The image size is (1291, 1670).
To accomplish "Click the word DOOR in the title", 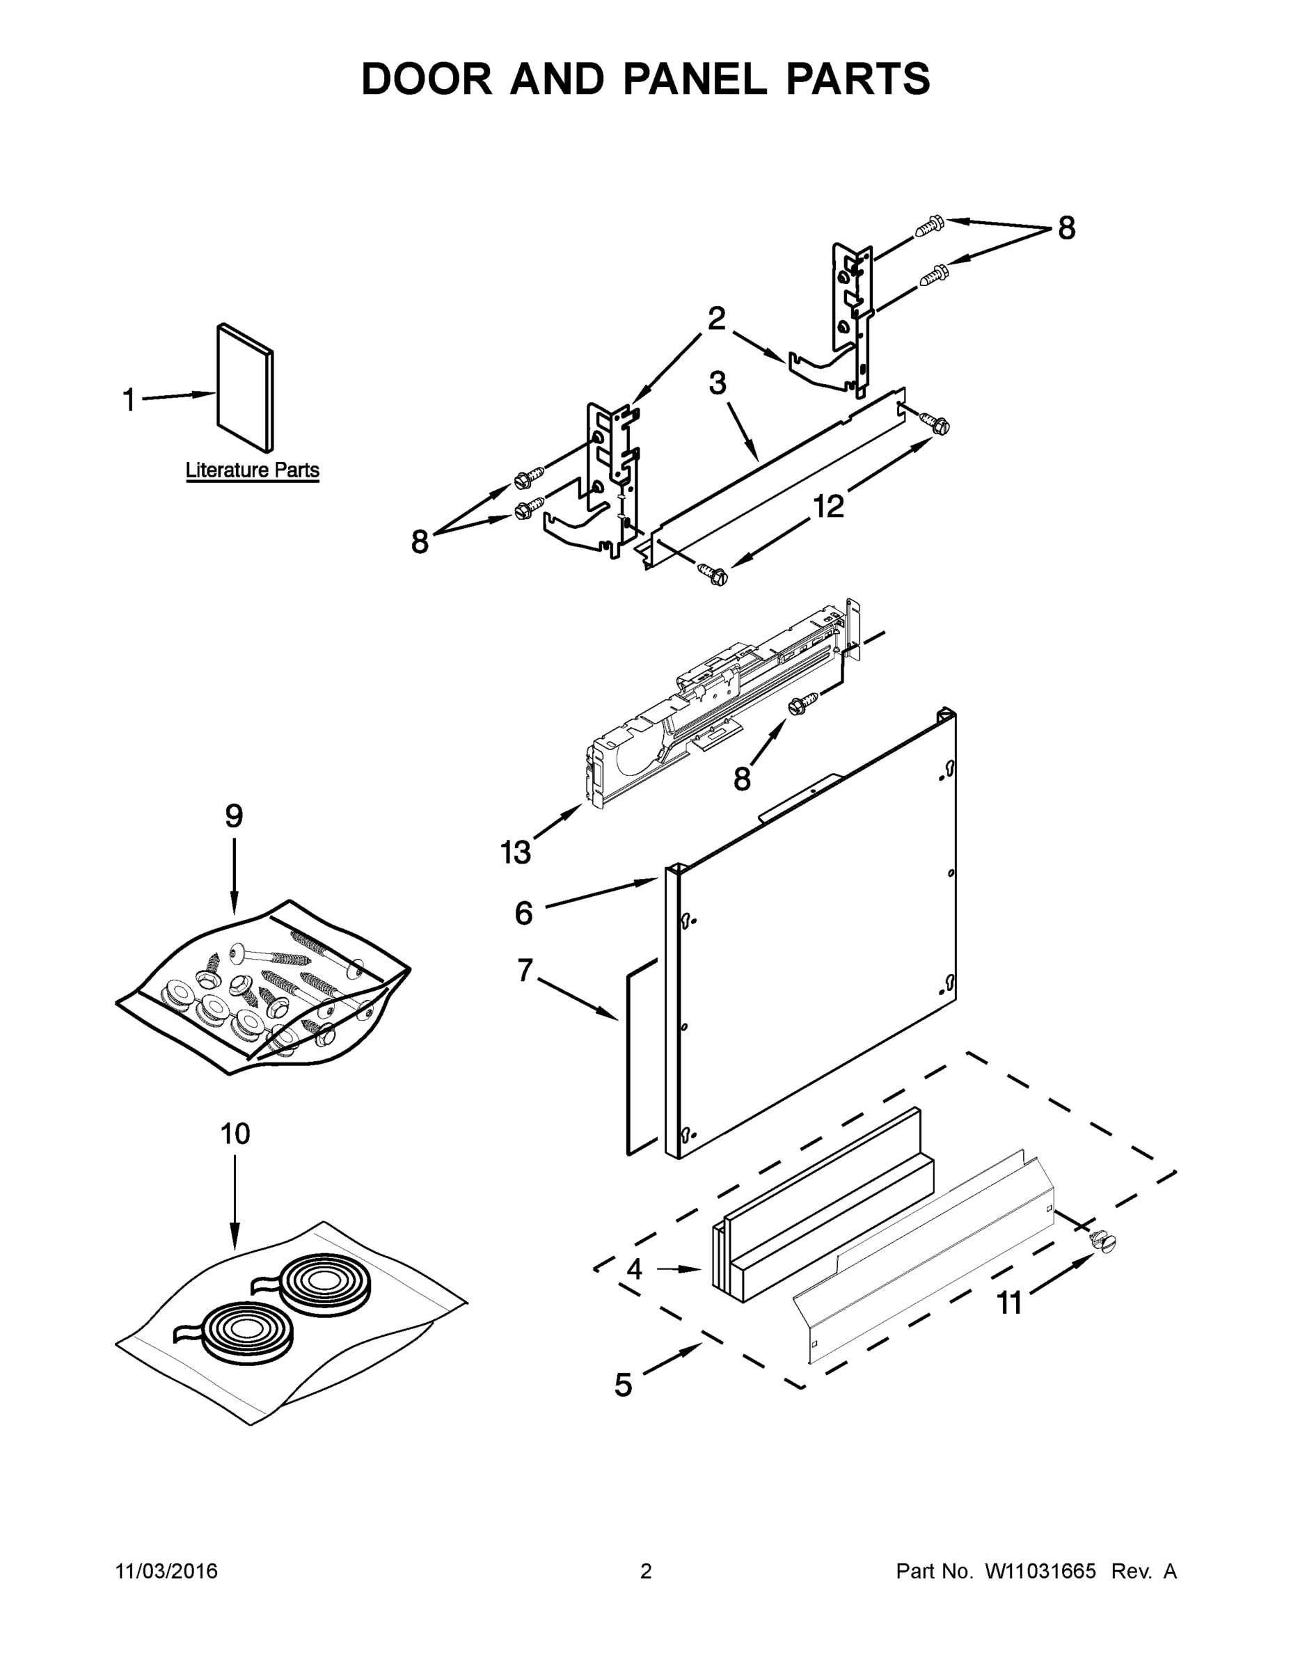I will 427,79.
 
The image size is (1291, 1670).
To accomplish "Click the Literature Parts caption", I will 253,470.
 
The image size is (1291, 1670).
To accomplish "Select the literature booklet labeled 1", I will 245,388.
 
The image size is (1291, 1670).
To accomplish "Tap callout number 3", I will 717,384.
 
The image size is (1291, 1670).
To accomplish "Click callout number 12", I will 828,505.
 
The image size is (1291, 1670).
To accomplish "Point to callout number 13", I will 516,852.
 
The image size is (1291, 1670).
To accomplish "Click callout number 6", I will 523,913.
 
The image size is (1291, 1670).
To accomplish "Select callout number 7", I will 525,971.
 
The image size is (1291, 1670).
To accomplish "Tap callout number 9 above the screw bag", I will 234,816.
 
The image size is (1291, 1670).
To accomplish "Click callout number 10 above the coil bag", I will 235,1134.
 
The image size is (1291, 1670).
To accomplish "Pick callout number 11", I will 1010,1303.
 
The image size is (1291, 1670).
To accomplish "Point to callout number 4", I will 634,1270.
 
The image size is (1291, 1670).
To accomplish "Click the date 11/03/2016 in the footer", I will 167,1571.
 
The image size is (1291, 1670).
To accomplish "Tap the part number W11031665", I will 1040,1571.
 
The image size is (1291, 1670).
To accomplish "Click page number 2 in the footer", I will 646,1571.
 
